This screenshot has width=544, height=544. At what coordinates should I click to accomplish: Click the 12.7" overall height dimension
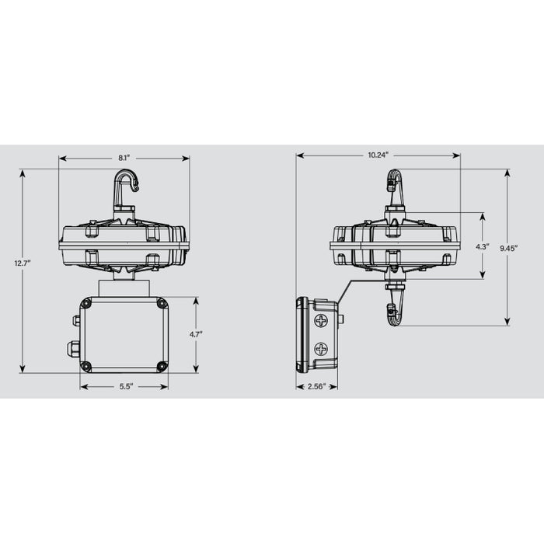23,263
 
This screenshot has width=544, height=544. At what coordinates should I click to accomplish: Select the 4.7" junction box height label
196,334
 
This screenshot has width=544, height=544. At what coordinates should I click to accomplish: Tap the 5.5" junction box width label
124,386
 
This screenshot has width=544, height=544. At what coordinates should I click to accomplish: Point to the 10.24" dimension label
378,155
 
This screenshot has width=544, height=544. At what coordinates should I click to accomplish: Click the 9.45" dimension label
508,247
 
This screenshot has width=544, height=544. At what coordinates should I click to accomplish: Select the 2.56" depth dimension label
316,386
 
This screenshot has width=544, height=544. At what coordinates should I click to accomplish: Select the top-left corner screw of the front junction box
86,304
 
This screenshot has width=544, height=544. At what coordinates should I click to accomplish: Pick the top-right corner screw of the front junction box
162,304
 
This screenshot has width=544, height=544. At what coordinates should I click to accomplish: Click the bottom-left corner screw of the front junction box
86,365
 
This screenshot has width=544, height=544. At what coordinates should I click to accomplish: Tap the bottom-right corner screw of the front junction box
162,365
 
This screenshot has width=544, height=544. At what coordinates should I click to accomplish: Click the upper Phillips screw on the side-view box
321,320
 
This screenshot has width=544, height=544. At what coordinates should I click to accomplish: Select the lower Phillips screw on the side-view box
321,350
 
